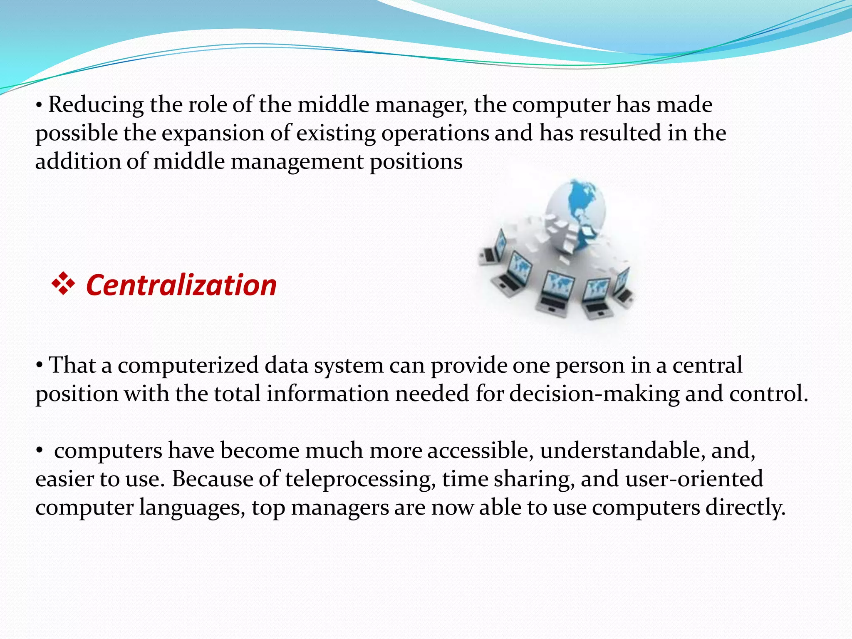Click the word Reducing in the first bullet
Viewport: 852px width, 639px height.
click(x=96, y=105)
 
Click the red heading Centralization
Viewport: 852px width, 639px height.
click(x=181, y=285)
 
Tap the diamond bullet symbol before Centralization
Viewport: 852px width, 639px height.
click(x=63, y=285)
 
